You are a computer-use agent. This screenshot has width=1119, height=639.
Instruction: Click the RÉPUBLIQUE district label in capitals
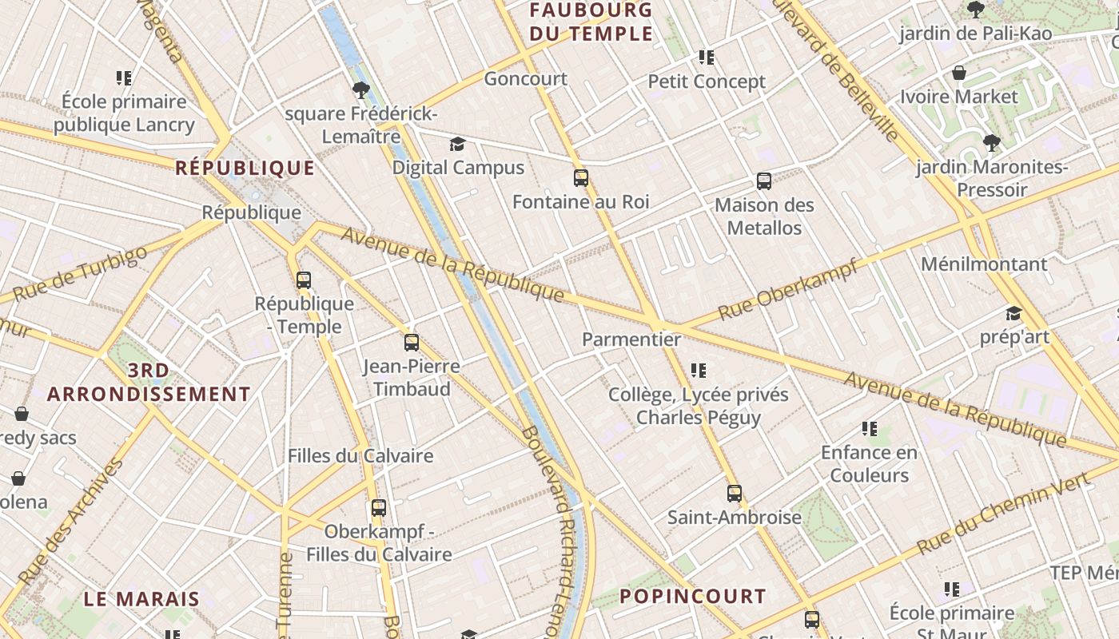(245, 168)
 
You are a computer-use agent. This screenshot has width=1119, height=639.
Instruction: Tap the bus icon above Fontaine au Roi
(581, 178)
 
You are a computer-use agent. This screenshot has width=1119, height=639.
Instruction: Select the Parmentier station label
(631, 339)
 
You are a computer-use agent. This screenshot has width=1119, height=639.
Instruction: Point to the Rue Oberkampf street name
(788, 289)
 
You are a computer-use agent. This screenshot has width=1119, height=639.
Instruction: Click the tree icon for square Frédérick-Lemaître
(360, 89)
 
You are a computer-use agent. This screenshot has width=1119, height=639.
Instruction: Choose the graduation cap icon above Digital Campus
(457, 144)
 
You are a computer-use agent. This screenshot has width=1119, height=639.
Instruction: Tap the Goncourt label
(526, 78)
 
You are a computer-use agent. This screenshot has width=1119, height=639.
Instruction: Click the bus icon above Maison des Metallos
(764, 181)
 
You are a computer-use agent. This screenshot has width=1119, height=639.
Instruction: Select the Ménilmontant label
(984, 264)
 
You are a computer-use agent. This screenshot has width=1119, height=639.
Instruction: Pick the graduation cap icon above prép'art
(1013, 313)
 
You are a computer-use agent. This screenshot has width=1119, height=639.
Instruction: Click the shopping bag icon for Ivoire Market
(959, 73)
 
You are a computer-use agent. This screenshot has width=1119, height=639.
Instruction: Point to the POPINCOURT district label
(693, 596)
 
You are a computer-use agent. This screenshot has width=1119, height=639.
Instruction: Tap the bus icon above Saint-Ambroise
(735, 494)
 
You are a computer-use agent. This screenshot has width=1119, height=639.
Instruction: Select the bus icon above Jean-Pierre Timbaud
(412, 343)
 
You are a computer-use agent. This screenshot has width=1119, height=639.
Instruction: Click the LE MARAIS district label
(141, 599)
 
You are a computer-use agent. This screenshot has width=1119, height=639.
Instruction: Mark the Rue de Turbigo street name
(81, 273)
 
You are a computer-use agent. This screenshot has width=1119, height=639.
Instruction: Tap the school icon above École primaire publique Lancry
(124, 78)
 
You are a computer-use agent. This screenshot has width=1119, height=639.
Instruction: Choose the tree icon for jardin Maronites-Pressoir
(992, 143)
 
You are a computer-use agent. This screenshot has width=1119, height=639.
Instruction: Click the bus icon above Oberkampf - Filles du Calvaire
(379, 508)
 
